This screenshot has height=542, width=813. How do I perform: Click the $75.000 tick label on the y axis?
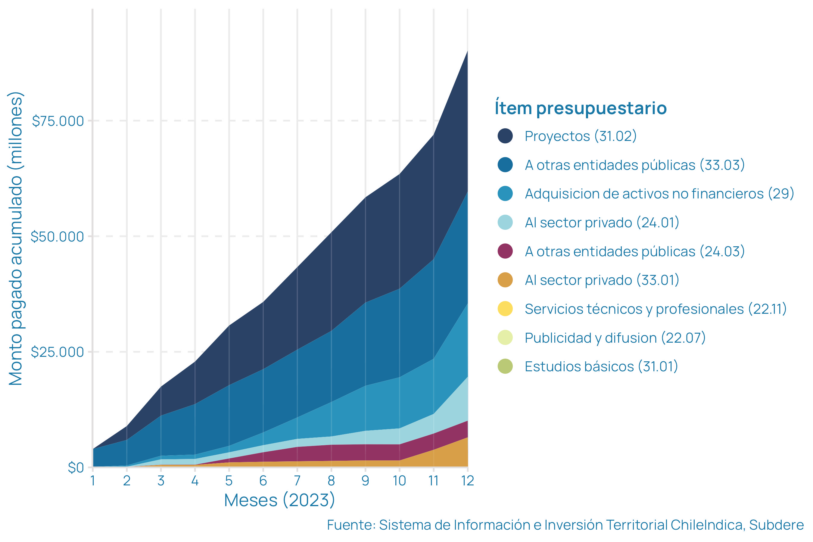(x=58, y=121)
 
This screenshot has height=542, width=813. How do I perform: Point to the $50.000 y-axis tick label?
(x=57, y=237)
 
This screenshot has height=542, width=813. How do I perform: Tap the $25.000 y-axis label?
(x=57, y=352)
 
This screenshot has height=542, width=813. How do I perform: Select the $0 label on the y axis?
(x=76, y=468)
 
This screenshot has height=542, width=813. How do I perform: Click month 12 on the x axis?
(x=468, y=481)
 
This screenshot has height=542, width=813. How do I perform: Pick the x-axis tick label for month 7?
(x=297, y=481)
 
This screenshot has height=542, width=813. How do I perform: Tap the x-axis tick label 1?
(x=93, y=481)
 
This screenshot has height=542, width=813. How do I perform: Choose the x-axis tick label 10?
(x=399, y=481)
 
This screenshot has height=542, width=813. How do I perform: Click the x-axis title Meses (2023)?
(x=279, y=500)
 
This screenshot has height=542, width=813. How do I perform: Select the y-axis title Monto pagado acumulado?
(x=16, y=238)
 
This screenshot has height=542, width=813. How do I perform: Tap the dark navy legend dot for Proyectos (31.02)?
(x=505, y=136)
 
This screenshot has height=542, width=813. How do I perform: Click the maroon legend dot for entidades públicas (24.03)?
(x=505, y=251)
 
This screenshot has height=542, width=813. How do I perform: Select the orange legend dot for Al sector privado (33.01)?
(x=505, y=280)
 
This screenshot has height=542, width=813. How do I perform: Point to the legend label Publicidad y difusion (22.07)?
(x=615, y=338)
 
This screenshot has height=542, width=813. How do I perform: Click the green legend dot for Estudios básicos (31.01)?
(x=505, y=366)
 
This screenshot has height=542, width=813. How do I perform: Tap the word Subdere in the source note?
(x=776, y=525)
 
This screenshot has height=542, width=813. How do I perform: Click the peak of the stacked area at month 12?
(x=467, y=51)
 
